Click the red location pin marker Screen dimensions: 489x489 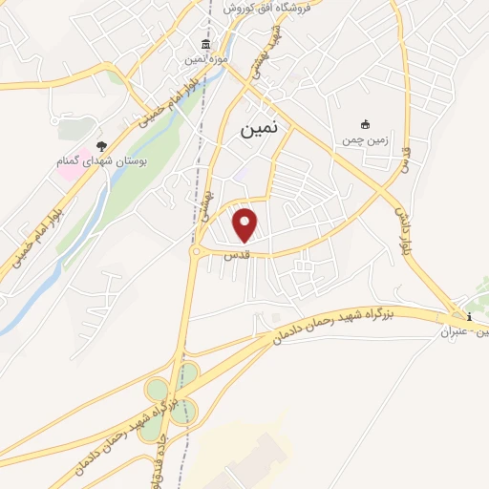(x=246, y=225)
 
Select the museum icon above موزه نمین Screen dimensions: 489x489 (x=203, y=45)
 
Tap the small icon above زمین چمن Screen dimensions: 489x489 (x=364, y=124)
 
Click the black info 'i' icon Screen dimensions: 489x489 (x=468, y=316)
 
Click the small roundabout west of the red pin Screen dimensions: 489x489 (x=197, y=250)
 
